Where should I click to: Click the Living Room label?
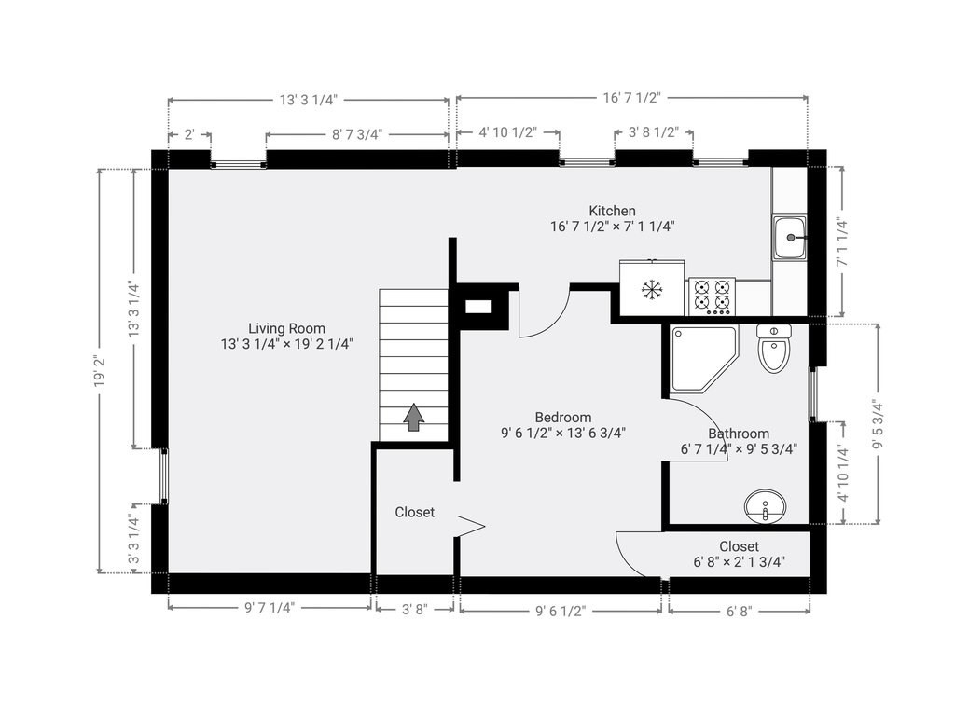(286, 328)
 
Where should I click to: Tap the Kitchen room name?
(612, 211)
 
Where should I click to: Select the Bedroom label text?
(562, 417)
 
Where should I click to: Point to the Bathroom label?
(739, 434)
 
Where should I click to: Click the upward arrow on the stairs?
(413, 418)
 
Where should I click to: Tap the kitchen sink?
(790, 237)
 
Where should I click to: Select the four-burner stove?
(712, 296)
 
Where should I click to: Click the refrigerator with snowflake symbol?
(651, 289)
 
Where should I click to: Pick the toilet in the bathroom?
(773, 348)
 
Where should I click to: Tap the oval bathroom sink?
(765, 507)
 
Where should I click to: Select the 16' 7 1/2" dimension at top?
(631, 98)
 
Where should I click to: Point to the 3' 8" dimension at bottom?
(414, 611)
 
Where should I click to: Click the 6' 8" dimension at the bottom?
(738, 611)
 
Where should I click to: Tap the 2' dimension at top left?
(189, 134)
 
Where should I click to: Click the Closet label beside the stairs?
(414, 512)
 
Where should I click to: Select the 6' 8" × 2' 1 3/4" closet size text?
(739, 561)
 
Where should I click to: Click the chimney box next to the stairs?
(479, 305)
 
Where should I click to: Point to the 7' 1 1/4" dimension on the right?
(842, 242)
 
